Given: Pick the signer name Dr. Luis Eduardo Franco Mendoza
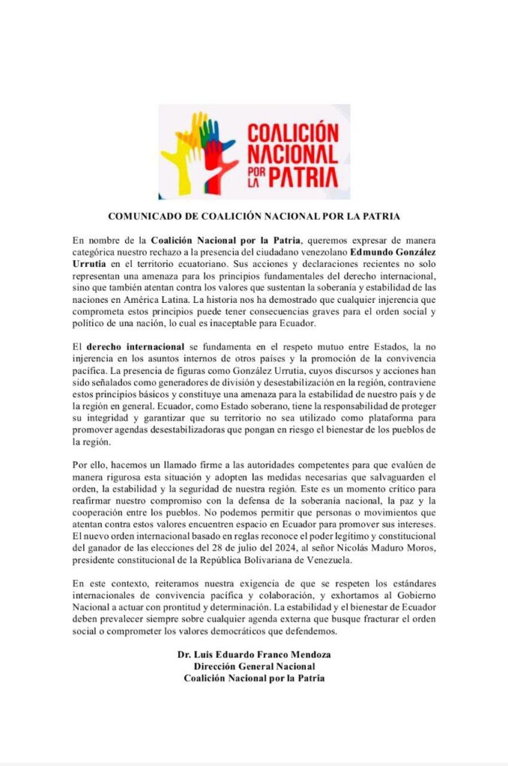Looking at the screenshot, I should pyautogui.click(x=254, y=655).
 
